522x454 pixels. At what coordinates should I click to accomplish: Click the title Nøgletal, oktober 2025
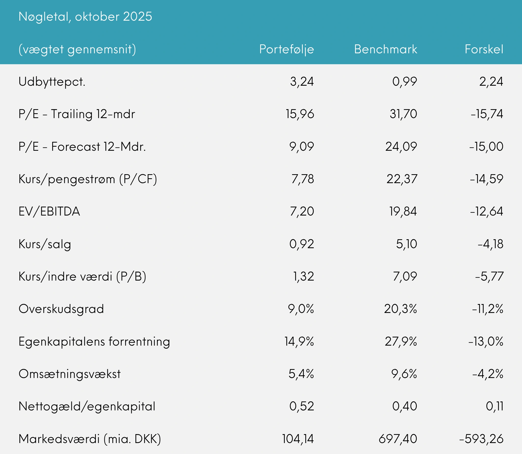[85, 17]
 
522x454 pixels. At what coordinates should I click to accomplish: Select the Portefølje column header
[286, 49]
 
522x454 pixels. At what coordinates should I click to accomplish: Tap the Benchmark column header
[385, 49]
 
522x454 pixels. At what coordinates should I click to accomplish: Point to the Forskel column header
[484, 49]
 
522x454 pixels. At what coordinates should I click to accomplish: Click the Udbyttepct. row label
[52, 82]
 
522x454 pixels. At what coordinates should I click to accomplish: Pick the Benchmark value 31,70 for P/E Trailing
[403, 114]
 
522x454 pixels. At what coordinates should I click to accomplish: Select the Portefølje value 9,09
[302, 147]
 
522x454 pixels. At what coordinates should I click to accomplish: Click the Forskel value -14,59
[486, 179]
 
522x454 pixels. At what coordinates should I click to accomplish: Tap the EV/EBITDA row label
[49, 211]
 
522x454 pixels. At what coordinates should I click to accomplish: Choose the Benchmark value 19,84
[403, 211]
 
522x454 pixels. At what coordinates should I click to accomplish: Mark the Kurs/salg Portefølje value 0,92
[302, 244]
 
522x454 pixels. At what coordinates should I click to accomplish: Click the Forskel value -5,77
[489, 276]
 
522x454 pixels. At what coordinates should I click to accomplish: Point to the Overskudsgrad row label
[61, 309]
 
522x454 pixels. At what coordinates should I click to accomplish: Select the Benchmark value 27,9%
[401, 342]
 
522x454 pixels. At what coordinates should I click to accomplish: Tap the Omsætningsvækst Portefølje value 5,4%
[301, 374]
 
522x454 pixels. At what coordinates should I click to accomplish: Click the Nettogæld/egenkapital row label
[87, 406]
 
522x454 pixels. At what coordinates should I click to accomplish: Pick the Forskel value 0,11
[494, 406]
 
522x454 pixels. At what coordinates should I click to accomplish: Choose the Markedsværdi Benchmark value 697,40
[398, 439]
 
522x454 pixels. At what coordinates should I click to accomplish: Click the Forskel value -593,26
[481, 439]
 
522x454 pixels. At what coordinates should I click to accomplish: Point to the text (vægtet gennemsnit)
[77, 49]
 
